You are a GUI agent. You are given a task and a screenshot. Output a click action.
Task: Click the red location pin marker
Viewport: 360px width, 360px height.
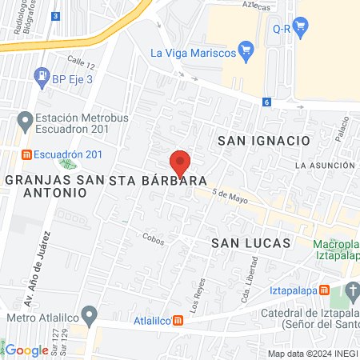tap(180, 162)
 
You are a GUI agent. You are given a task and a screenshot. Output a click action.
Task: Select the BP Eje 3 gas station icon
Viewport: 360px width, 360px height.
tap(40, 78)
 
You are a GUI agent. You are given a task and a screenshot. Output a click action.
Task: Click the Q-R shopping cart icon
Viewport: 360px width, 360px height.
tap(301, 28)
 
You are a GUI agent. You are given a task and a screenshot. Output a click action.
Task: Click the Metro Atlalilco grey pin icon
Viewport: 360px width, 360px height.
tap(90, 313)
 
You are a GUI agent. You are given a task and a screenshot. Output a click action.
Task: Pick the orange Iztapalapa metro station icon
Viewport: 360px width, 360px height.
tap(324, 290)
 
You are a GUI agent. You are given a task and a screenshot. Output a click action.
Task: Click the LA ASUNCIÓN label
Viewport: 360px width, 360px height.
tap(323, 165)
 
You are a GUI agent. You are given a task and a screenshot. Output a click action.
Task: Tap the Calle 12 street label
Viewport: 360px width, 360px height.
tap(82, 62)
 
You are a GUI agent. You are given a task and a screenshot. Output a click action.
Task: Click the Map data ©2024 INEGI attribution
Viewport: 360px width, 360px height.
tap(312, 354)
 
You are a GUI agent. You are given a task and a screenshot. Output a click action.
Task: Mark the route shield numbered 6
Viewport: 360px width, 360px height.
tap(266, 102)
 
